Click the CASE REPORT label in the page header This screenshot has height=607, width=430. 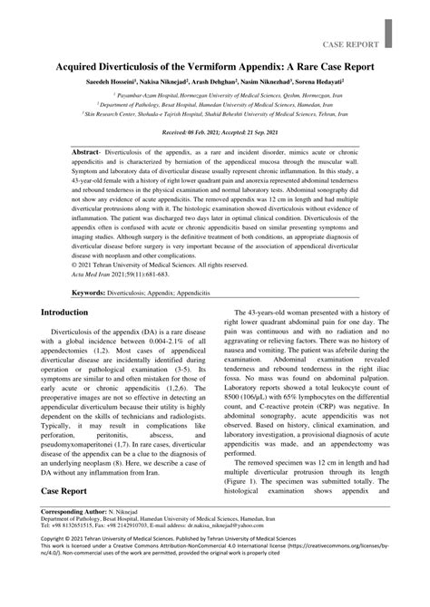point(348,43)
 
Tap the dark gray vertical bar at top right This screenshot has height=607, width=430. point(389,32)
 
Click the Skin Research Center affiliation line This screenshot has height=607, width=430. point(215,116)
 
